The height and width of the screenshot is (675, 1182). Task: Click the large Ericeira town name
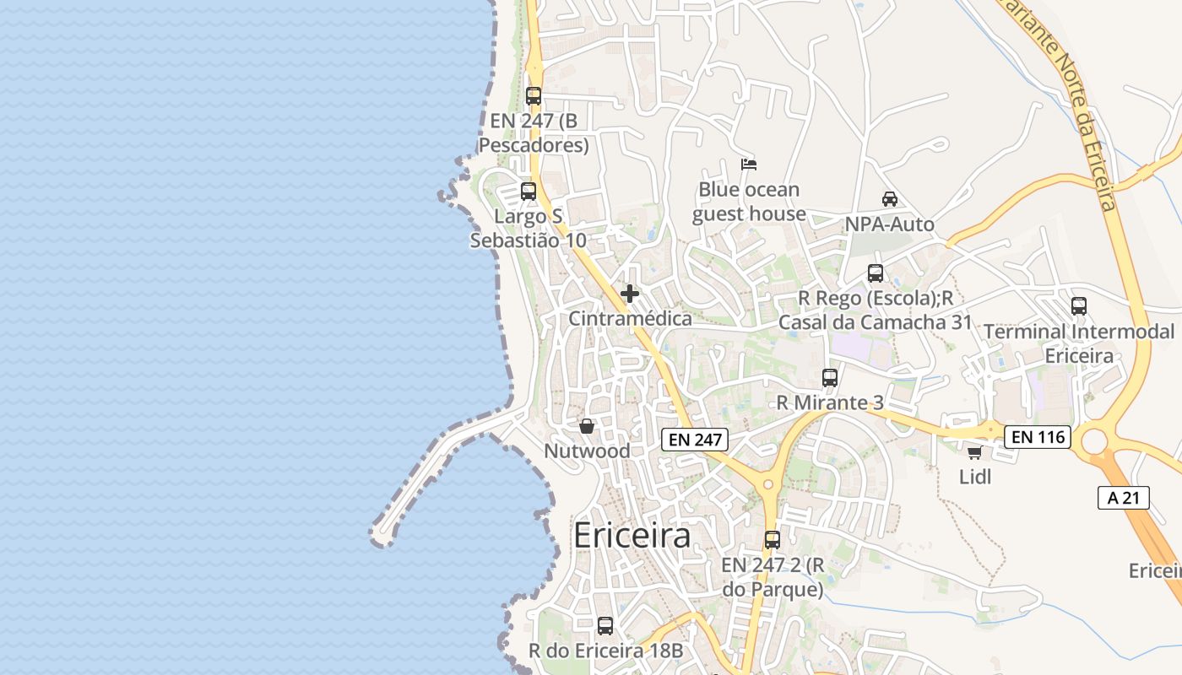click(x=632, y=537)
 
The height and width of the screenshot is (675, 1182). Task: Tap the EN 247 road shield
click(x=694, y=440)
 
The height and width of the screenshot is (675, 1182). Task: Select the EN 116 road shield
click(x=1038, y=437)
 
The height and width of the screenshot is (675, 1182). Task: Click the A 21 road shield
click(x=1124, y=498)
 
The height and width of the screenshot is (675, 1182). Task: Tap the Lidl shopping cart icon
click(x=974, y=453)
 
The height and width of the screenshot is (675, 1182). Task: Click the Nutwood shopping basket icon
click(x=587, y=426)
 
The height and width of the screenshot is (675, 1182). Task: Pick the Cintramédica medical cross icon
click(x=630, y=294)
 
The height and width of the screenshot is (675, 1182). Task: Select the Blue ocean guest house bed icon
click(x=749, y=164)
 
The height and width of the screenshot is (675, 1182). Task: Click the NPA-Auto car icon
click(x=889, y=199)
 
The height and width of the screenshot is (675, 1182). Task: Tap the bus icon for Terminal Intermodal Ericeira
click(x=1079, y=306)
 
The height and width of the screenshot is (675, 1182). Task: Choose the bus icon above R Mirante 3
click(x=830, y=378)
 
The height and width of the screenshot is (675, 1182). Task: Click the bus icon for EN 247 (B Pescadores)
click(x=534, y=96)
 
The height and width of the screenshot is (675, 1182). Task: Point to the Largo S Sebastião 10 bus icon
click(x=529, y=192)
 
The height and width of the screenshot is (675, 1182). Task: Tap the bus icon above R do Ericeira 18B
click(x=605, y=626)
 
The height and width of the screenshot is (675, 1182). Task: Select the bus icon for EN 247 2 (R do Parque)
click(x=773, y=540)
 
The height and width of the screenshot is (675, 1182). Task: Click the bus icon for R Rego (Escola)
click(x=876, y=273)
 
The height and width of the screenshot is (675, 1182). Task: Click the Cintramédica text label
click(x=630, y=319)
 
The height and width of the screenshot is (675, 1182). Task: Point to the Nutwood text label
click(x=587, y=451)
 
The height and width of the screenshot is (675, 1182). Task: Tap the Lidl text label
click(x=975, y=478)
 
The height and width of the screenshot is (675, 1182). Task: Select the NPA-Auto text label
click(x=890, y=224)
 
